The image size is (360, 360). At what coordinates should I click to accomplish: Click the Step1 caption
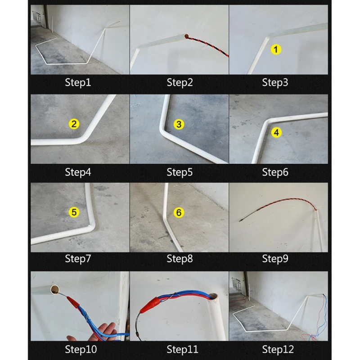[x=78, y=82]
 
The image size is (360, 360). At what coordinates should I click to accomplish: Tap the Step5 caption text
[x=180, y=172]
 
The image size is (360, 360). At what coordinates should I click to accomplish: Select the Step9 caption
[x=275, y=258]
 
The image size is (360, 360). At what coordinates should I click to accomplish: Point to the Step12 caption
[x=277, y=349]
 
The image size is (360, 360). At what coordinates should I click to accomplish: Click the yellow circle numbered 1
[x=275, y=49]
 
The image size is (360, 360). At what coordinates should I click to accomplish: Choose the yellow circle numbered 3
[x=179, y=124]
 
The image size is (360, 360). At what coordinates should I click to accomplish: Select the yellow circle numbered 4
[x=276, y=132]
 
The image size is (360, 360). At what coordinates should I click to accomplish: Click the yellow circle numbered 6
[x=179, y=212]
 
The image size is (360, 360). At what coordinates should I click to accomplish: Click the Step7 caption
[x=78, y=258]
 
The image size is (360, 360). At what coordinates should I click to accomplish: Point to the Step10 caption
[x=81, y=349]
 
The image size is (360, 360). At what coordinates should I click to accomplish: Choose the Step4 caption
[x=78, y=172]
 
